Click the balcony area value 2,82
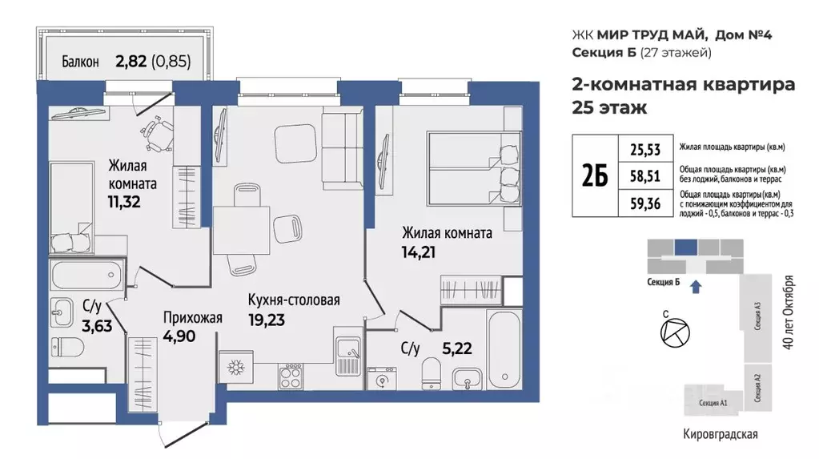(x=132, y=60)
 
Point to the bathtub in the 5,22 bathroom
(x=502, y=351)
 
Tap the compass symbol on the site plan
(x=669, y=330)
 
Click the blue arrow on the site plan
(x=695, y=284)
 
